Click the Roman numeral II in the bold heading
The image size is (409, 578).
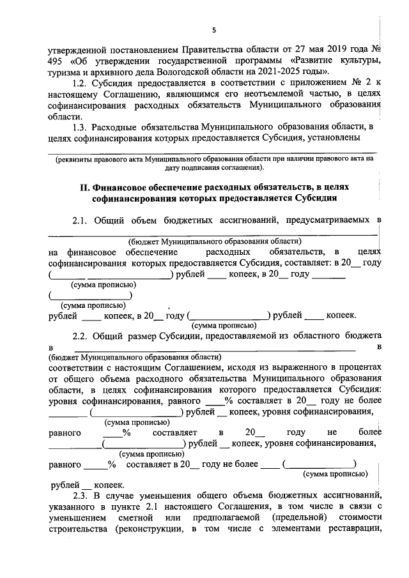[83, 186]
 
